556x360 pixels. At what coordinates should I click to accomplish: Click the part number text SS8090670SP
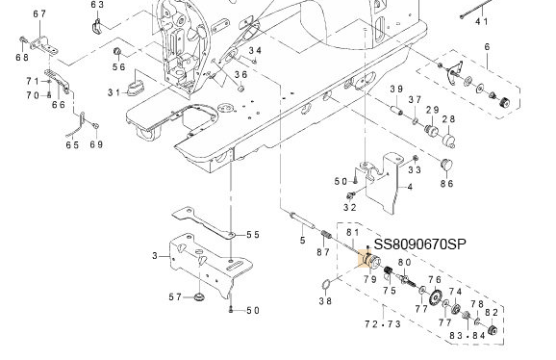tap(420, 244)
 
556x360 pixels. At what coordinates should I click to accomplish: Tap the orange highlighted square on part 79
tap(366, 258)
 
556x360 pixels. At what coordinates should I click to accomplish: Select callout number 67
tap(39, 14)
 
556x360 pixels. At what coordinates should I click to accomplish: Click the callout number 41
tap(482, 21)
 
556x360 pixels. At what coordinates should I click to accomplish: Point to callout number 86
tap(447, 184)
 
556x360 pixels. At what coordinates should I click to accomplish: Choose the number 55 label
tap(253, 235)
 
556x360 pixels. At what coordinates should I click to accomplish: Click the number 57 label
tap(175, 296)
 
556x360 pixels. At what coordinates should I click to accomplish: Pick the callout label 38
tap(325, 301)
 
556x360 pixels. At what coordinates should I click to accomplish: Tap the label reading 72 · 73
tap(383, 323)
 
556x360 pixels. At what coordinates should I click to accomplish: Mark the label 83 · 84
tap(468, 335)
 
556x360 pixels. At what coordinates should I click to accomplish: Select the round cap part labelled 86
tap(446, 165)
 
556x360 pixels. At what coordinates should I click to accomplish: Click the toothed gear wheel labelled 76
tap(435, 297)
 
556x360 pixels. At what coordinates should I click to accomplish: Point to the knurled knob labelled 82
tap(493, 330)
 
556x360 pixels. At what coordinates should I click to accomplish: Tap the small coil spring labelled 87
tap(326, 235)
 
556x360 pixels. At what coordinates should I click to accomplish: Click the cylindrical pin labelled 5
tap(302, 220)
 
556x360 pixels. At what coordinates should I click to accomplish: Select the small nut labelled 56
tap(117, 52)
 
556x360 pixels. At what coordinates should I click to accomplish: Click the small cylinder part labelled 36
tap(240, 88)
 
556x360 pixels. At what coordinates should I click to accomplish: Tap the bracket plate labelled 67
tap(43, 46)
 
